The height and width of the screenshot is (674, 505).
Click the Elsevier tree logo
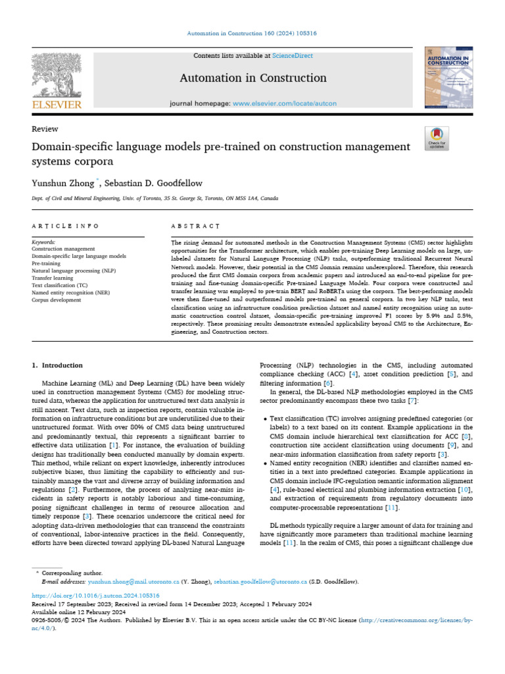pos(57,75)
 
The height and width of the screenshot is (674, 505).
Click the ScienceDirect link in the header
pos(293,57)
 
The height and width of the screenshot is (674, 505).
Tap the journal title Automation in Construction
pos(253,78)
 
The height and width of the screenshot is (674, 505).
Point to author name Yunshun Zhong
pos(63,182)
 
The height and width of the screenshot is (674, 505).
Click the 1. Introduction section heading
pos(58,365)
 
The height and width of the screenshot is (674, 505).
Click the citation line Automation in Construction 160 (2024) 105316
pos(252,33)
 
